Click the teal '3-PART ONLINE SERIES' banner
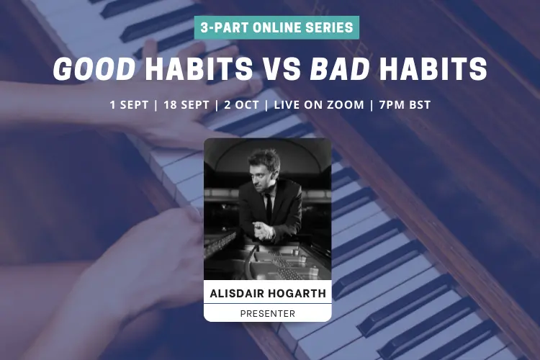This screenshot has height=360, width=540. (276, 27)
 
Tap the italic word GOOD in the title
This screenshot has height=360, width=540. (94, 68)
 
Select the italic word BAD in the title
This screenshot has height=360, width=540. (341, 68)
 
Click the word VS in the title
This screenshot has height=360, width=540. (282, 68)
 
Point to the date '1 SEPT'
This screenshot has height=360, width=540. (129, 104)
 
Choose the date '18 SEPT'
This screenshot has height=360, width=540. (186, 104)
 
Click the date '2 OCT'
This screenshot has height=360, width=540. (241, 104)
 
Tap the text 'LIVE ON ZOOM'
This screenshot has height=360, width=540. (319, 104)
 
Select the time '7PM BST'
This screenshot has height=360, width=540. (405, 104)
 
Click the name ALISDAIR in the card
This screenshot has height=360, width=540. (237, 294)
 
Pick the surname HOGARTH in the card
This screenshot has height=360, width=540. (297, 294)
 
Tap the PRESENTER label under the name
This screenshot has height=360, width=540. (268, 314)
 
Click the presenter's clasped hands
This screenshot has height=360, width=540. (264, 230)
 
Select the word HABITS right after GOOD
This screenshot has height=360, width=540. (199, 68)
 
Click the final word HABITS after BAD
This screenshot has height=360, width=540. (433, 68)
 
